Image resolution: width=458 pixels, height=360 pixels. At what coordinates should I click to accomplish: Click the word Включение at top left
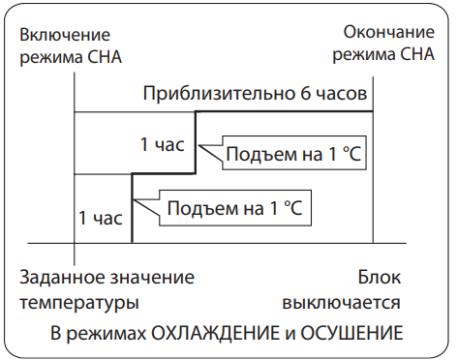(65, 35)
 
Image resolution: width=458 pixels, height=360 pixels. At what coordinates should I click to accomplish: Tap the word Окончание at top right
(388, 32)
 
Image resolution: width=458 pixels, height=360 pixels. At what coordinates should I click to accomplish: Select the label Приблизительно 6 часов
(255, 94)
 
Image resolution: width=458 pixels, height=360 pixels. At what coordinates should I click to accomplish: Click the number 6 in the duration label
(306, 94)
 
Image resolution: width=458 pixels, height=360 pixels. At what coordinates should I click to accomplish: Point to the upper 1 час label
(163, 144)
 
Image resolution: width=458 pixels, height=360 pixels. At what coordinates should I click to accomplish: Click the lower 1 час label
(101, 218)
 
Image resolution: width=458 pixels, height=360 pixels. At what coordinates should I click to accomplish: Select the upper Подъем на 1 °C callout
(294, 153)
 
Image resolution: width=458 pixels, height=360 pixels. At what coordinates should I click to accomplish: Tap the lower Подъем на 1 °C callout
(235, 208)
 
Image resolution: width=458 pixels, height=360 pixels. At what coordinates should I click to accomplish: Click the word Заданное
(62, 277)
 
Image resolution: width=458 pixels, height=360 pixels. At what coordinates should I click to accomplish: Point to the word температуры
(79, 303)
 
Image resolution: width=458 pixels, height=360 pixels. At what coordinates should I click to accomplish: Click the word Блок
(380, 277)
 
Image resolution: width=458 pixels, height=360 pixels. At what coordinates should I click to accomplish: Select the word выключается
(342, 303)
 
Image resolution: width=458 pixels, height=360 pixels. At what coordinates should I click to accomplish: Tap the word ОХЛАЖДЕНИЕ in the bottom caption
(215, 333)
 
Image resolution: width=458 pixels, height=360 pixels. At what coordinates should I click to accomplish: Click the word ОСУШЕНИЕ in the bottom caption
(351, 333)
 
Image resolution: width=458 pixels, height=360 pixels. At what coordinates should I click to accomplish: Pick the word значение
(152, 277)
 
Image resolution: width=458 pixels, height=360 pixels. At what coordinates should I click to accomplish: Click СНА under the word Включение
(105, 57)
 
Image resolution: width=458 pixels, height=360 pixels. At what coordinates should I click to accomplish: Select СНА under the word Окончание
(417, 54)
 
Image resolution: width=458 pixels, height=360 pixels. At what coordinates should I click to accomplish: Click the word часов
(342, 94)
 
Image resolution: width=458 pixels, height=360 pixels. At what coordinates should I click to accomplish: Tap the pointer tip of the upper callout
(198, 146)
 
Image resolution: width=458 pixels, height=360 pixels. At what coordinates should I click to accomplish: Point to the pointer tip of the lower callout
(134, 199)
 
